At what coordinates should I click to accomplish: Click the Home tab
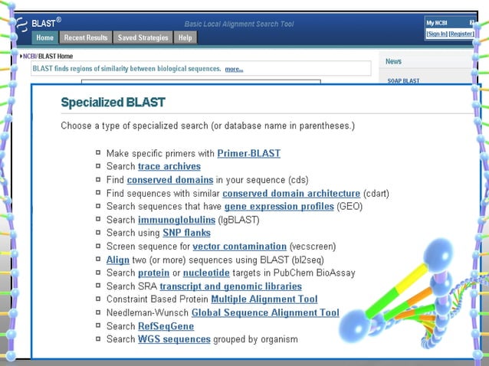(45, 38)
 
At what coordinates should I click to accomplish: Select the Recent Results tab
(86, 38)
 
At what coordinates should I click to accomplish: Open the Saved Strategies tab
(143, 38)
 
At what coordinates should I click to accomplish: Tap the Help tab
(185, 38)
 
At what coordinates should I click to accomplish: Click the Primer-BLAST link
(248, 153)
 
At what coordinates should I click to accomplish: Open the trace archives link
(169, 166)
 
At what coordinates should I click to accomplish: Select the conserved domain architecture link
(291, 193)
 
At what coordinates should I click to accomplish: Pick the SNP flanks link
(186, 233)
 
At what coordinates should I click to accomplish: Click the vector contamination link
(239, 247)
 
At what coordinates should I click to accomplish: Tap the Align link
(118, 260)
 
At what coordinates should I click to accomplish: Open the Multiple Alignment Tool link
(264, 299)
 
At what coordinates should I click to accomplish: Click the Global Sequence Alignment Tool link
(265, 312)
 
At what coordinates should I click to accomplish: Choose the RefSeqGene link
(166, 326)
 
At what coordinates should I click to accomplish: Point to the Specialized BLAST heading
(113, 102)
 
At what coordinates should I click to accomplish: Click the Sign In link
(436, 34)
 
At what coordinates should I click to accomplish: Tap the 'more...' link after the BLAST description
(234, 69)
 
